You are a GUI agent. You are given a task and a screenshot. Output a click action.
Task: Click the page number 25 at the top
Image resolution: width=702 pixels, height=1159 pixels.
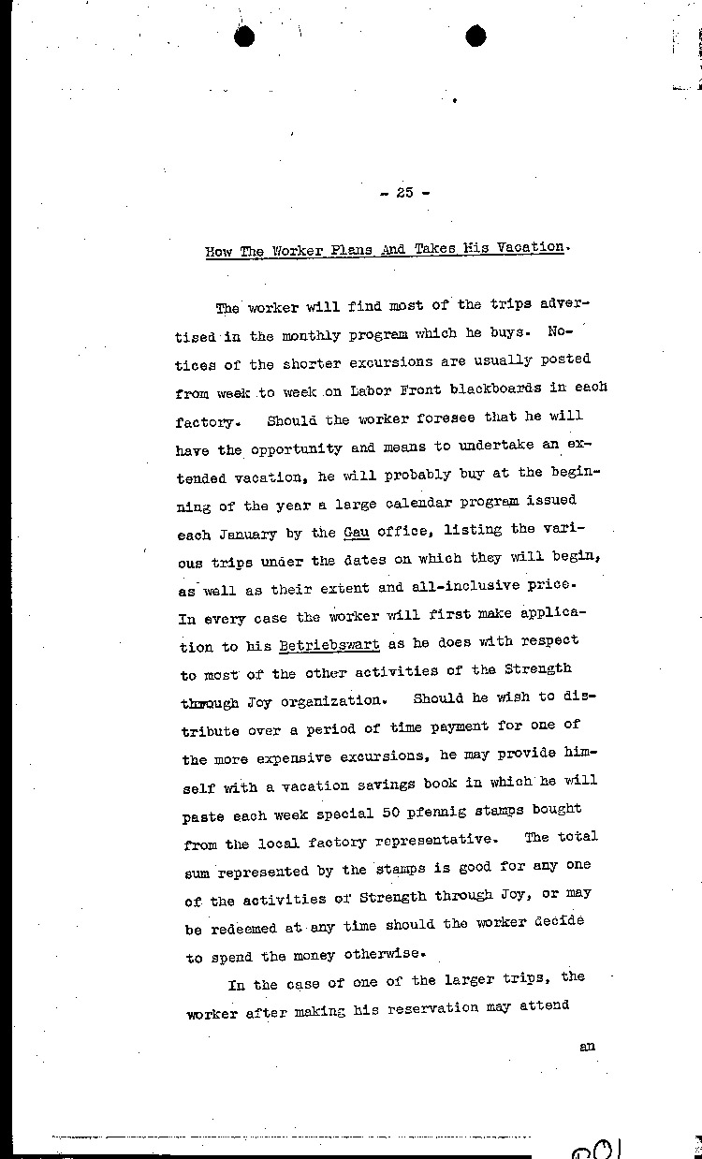point(404,193)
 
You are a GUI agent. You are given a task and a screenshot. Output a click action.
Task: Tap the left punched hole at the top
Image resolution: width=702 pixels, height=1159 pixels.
point(246,37)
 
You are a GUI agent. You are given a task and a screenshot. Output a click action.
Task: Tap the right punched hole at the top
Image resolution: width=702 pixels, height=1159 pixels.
point(475,37)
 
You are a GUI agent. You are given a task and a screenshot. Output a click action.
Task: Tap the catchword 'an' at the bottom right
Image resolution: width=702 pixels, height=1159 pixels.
point(588,1047)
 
